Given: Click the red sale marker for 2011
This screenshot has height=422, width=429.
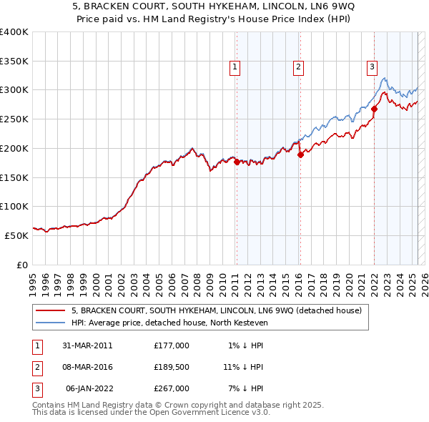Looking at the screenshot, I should (237, 162).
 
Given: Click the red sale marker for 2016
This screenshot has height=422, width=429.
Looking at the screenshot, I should (300, 154).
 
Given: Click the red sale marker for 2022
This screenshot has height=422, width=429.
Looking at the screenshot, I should (374, 109).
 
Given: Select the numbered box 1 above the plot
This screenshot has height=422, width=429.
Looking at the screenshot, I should (235, 68).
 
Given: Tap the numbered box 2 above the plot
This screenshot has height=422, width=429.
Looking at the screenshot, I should (297, 68).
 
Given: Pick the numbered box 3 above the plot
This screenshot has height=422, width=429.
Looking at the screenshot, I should (373, 68).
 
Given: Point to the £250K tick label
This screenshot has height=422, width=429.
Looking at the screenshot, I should (14, 119).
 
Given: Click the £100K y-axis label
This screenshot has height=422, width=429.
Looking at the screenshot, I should (14, 206).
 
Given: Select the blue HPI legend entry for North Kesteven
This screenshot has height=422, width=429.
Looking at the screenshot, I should (169, 323).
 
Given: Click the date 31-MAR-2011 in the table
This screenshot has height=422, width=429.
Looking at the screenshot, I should (87, 345).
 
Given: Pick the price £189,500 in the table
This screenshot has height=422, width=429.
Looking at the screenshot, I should (172, 367).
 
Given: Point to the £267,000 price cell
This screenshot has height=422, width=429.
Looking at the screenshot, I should (172, 388).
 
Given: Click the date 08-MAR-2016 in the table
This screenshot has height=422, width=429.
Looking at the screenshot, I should (87, 367).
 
